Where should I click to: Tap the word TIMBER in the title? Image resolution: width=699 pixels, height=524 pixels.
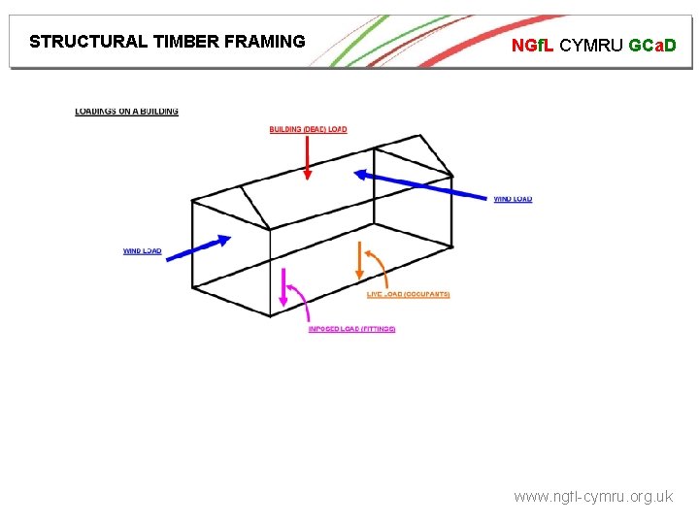pos(186,42)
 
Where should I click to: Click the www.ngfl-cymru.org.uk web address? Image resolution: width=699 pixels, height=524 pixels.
pos(592,497)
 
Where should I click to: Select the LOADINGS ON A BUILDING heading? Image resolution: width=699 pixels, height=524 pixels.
pos(126,112)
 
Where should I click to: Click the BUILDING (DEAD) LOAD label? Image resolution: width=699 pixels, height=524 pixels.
pos(308,129)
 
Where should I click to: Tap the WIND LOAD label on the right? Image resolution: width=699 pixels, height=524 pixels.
pos(513,200)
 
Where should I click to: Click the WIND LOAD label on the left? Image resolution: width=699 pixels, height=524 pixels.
pos(142,251)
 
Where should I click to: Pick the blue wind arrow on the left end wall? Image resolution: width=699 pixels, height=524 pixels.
pos(200,247)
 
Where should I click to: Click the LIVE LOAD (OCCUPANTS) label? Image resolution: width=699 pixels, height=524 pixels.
pos(409,294)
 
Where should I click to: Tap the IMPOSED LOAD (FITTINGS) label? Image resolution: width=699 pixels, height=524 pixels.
pos(351,329)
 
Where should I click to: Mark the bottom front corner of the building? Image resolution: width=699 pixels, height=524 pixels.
pos(270,315)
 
